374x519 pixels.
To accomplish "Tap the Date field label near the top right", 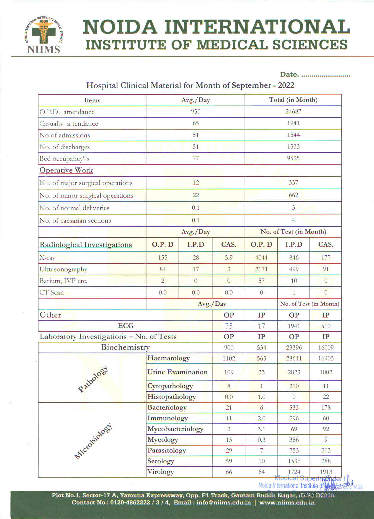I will (x=289, y=75).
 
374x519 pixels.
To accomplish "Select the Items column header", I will (x=92, y=100).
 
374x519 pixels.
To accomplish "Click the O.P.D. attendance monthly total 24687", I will (x=293, y=112).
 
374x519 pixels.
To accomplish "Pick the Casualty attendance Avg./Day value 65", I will (x=196, y=123).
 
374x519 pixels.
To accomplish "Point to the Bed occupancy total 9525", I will (x=293, y=158).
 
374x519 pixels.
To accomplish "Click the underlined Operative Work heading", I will (x=66, y=170).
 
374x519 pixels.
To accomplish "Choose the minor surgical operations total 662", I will (x=293, y=195).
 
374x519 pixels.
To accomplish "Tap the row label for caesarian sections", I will (x=75, y=221).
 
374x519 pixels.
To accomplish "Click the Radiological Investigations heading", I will (x=86, y=245).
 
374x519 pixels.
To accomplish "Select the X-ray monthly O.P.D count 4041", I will (x=261, y=258).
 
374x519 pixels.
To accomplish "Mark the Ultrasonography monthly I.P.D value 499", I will (x=294, y=269).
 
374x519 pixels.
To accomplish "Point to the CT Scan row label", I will (x=52, y=293).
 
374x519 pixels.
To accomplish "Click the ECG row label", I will (x=125, y=326).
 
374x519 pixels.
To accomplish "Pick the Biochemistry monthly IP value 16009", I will (x=325, y=347).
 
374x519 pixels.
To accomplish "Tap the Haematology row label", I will (x=169, y=358).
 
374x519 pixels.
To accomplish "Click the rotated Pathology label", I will (x=93, y=379).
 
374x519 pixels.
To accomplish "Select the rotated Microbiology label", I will (x=93, y=441).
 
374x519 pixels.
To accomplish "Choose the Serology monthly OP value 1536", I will (x=294, y=461).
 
